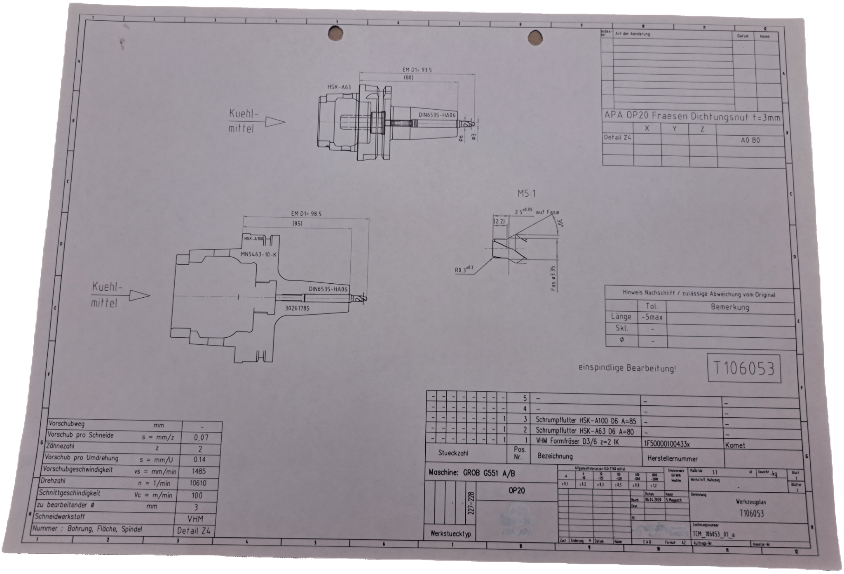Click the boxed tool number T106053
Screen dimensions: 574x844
coord(744,368)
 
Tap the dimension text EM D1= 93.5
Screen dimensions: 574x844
coord(417,70)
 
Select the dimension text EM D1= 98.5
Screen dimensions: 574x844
coord(306,214)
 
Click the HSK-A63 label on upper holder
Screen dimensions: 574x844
coord(339,87)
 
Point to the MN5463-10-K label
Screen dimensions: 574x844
coord(259,254)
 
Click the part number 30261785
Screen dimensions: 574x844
coord(297,308)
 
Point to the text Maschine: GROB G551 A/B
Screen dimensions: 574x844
coord(471,473)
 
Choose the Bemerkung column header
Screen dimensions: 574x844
coord(730,307)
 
